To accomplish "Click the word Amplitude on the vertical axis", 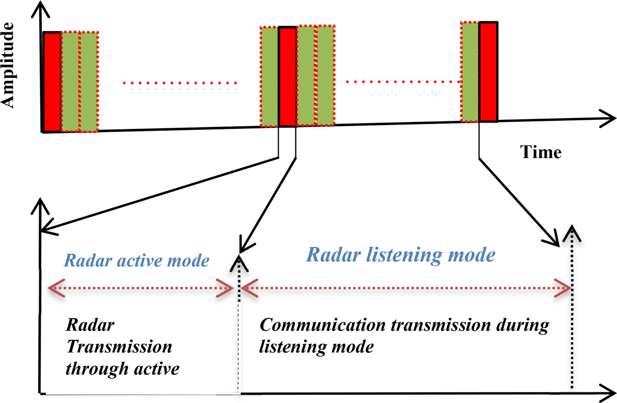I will pyautogui.click(x=8, y=65).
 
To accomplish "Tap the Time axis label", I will pyautogui.click(x=541, y=152).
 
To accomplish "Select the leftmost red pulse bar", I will pyautogui.click(x=52, y=82).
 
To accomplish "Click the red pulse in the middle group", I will pyautogui.click(x=287, y=77).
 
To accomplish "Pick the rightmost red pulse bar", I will pyautogui.click(x=488, y=72).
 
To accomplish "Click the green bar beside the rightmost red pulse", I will pyautogui.click(x=470, y=72).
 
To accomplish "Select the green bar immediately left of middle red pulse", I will pyautogui.click(x=269, y=77).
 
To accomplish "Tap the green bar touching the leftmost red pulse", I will pyautogui.click(x=70, y=82).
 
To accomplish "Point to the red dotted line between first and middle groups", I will pyautogui.click(x=180, y=83).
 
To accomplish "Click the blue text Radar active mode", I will pyautogui.click(x=137, y=260).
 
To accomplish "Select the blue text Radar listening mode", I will pyautogui.click(x=401, y=255).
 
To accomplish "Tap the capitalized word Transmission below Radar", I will pyautogui.click(x=119, y=347).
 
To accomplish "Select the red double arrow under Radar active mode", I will pyautogui.click(x=141, y=288).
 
